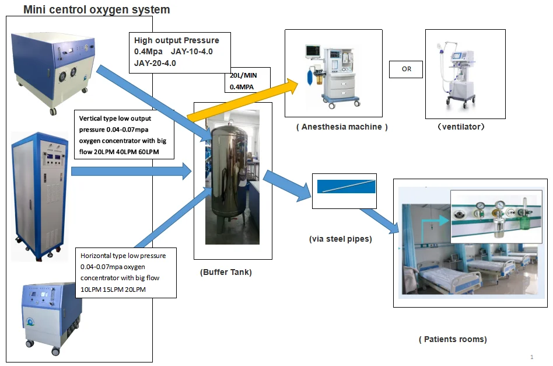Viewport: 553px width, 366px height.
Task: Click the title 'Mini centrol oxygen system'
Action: click(96, 9)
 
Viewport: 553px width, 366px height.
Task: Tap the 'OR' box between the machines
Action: click(406, 69)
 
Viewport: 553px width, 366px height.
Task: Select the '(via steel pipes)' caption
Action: click(341, 239)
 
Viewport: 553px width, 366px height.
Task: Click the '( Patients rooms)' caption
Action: click(453, 339)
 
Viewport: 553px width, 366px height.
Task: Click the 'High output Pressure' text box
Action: click(180, 52)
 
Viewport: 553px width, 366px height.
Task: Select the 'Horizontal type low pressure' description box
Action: click(126, 273)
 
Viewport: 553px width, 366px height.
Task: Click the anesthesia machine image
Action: click(332, 72)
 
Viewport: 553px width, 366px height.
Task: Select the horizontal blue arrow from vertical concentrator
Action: click(131, 171)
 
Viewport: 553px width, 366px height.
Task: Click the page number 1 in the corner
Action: click(531, 357)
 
